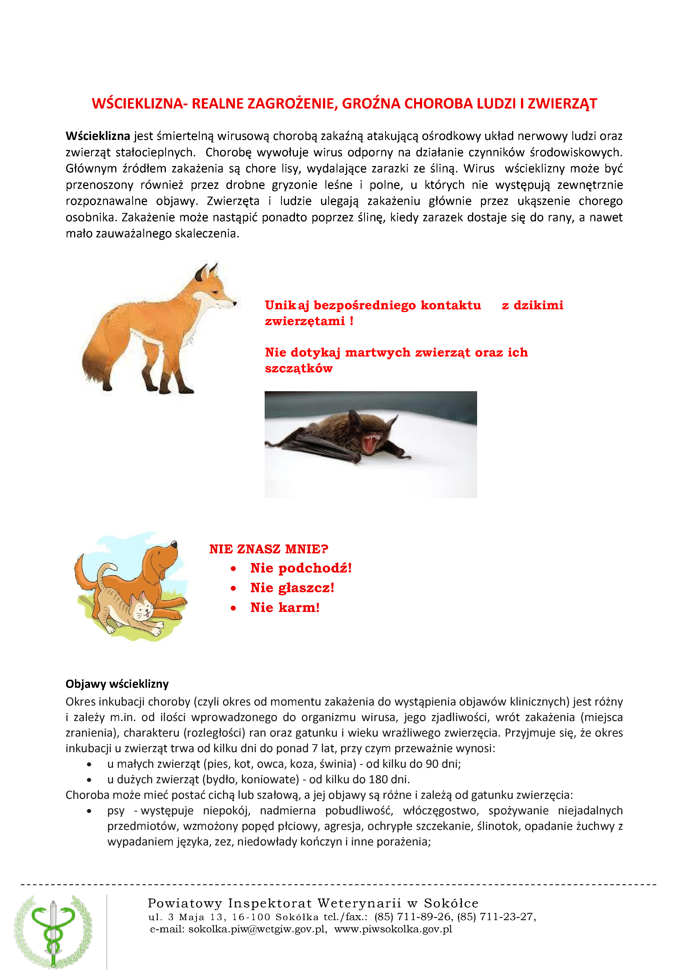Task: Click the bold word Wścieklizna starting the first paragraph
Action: [97, 136]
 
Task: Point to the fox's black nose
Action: [235, 303]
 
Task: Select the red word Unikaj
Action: [287, 305]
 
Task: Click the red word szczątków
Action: [299, 369]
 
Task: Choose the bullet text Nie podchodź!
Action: [301, 568]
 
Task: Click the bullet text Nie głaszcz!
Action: [292, 588]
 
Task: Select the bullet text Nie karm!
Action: [285, 608]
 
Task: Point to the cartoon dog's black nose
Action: [174, 543]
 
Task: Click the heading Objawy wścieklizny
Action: [117, 684]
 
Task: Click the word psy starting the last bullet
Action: [116, 811]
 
